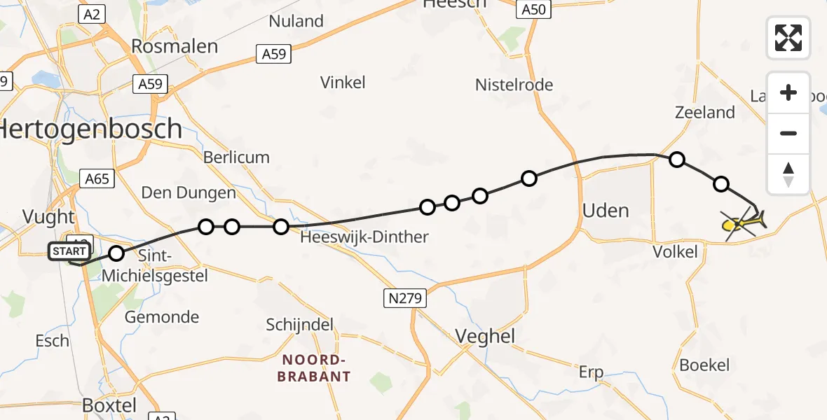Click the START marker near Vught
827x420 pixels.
(x=69, y=251)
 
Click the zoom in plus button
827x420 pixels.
(x=788, y=93)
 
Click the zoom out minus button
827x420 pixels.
(x=788, y=133)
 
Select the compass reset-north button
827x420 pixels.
(x=788, y=174)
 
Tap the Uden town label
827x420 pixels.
(x=606, y=210)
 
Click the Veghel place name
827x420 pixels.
(x=485, y=337)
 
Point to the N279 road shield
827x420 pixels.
(x=405, y=299)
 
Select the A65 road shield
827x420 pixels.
(x=97, y=179)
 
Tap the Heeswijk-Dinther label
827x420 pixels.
(x=364, y=237)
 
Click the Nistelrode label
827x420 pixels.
(x=514, y=85)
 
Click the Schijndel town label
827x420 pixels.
(x=300, y=325)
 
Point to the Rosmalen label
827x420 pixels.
(x=175, y=47)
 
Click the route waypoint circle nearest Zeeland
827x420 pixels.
(x=677, y=160)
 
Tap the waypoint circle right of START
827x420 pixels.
(x=117, y=253)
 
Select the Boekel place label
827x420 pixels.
(x=704, y=365)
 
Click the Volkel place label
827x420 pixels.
(x=675, y=251)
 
